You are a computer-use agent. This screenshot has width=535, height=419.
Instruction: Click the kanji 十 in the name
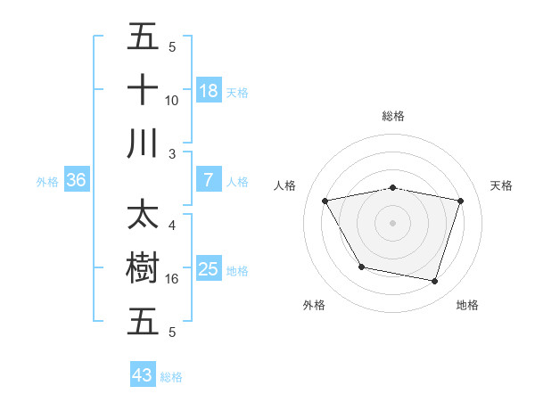click(x=143, y=90)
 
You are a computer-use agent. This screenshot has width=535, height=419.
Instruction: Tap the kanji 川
click(x=143, y=143)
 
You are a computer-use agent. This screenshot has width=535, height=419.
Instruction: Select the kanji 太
click(x=143, y=217)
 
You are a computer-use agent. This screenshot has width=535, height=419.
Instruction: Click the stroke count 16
click(x=171, y=279)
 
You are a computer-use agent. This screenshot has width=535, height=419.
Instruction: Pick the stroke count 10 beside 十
click(x=171, y=100)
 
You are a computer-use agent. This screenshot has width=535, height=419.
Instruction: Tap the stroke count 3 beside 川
click(x=171, y=153)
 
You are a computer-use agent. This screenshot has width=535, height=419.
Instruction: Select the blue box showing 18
click(x=209, y=90)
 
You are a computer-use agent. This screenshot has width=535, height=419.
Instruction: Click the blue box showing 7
click(x=209, y=180)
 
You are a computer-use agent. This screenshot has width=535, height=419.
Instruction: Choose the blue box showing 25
click(x=209, y=269)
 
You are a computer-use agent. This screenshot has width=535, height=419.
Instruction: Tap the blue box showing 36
click(x=77, y=180)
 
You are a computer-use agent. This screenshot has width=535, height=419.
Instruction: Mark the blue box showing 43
click(x=143, y=375)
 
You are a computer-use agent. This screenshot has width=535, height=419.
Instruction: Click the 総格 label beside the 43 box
click(x=171, y=377)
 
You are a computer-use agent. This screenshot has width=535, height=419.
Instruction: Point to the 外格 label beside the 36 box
click(x=47, y=181)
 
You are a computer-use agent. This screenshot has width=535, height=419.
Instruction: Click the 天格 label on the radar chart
click(x=501, y=185)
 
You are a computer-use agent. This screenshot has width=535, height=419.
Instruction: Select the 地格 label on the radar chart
click(x=467, y=305)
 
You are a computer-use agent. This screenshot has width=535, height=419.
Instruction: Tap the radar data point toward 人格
click(x=325, y=201)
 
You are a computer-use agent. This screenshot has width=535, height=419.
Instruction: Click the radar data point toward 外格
click(x=361, y=267)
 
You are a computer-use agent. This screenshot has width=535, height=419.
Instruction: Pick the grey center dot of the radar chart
click(x=393, y=222)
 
